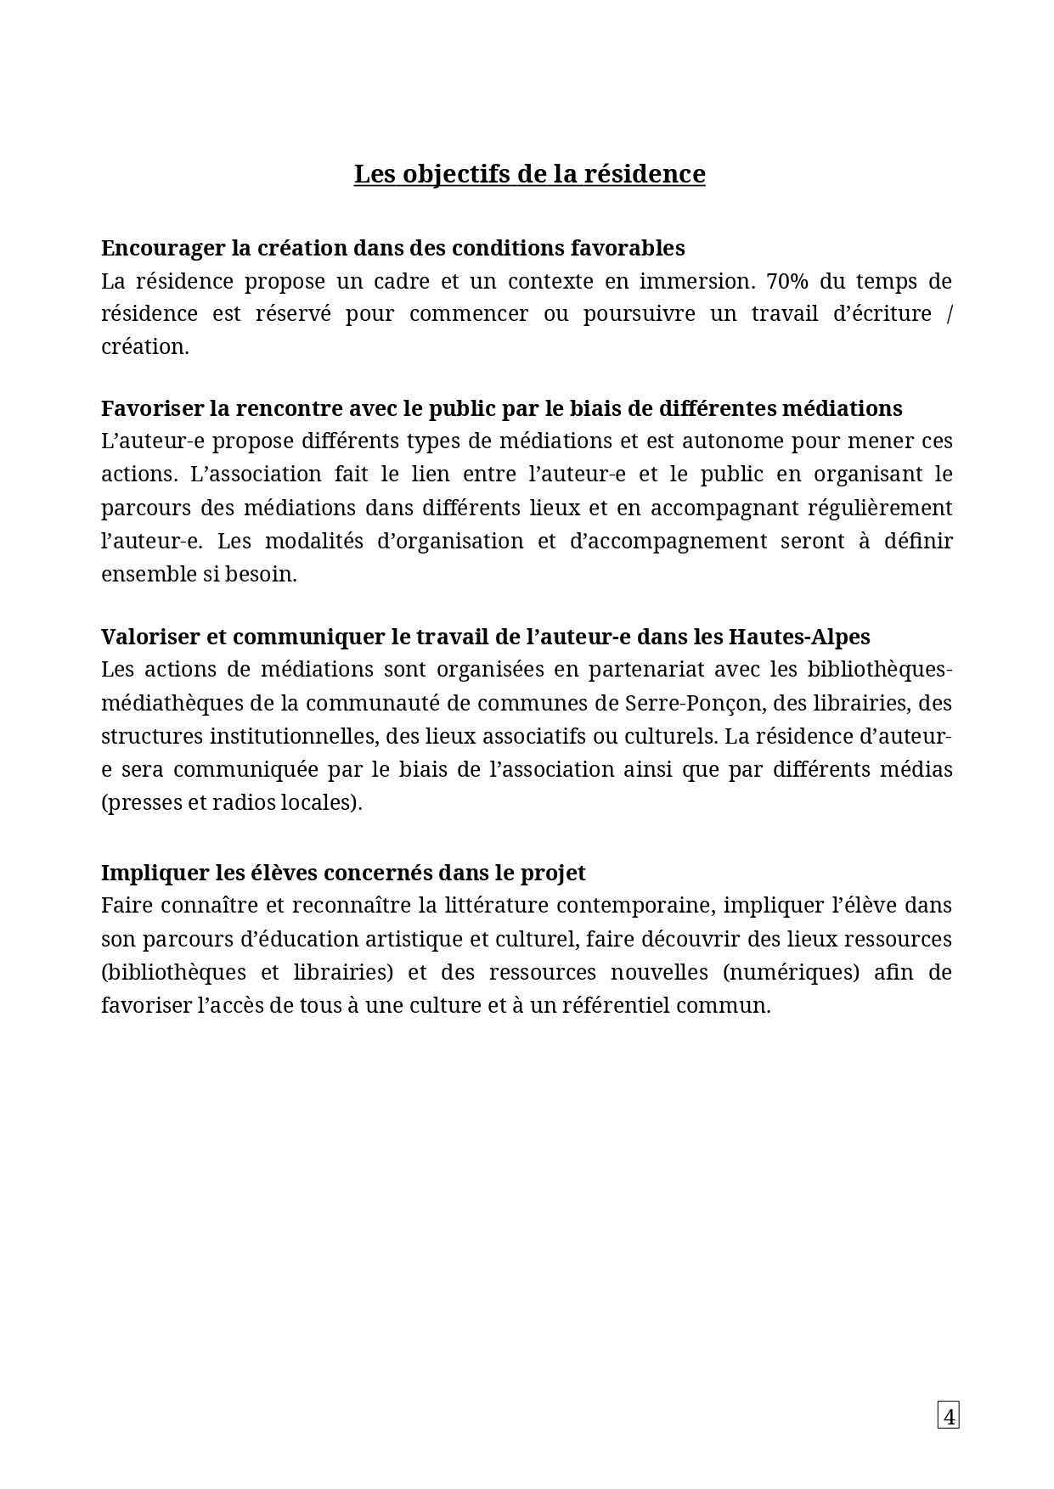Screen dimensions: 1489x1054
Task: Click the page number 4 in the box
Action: click(x=948, y=1416)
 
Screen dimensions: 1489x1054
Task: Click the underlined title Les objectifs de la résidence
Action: click(x=529, y=174)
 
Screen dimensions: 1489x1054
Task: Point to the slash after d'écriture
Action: click(x=949, y=313)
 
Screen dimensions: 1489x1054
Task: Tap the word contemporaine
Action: click(x=635, y=905)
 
